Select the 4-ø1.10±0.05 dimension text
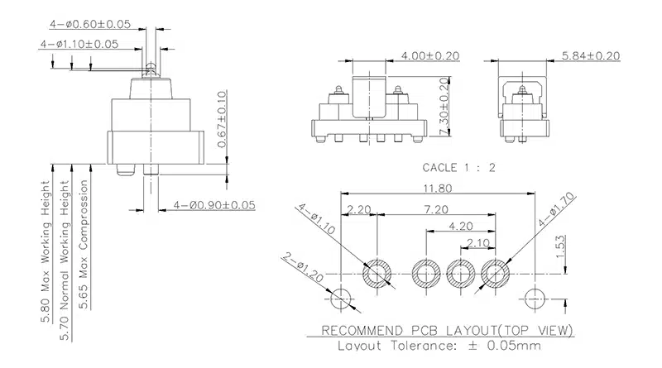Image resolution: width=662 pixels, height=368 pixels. click(x=79, y=44)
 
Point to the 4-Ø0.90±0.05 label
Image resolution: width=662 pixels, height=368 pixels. click(x=214, y=204)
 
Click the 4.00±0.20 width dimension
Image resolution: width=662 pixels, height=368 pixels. click(x=429, y=55)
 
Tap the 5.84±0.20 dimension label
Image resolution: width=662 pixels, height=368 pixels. click(x=591, y=55)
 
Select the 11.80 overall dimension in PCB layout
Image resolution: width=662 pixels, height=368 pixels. click(x=433, y=188)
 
